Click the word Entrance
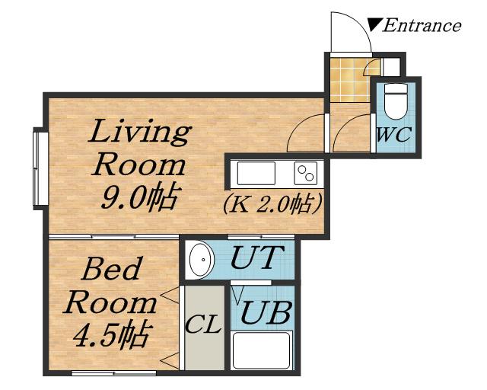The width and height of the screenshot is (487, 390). [x=422, y=25]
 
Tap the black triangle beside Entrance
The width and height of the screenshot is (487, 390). [x=374, y=24]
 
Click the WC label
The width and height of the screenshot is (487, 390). [x=394, y=134]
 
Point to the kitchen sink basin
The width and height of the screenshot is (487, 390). [x=256, y=173]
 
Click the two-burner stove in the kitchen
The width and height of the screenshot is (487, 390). [x=306, y=173]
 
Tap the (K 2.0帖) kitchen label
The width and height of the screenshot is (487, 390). [x=272, y=204]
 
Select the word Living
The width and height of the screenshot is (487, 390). [x=139, y=133]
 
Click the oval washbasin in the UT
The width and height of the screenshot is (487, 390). [x=202, y=260]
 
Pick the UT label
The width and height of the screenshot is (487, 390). [x=257, y=257]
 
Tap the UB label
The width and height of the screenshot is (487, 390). [x=266, y=312]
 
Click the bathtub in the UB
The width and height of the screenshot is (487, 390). [x=262, y=350]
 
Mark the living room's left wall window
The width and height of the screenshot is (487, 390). [x=40, y=168]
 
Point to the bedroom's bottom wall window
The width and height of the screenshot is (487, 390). [x=113, y=373]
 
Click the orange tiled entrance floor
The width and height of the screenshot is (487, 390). [x=350, y=80]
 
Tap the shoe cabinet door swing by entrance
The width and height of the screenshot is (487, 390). [x=371, y=66]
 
